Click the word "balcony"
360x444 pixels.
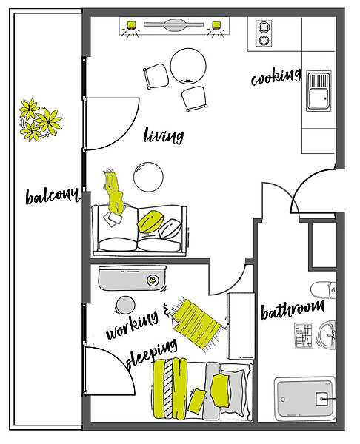pyautogui.click(x=52, y=195)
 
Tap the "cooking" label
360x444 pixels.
pyautogui.click(x=276, y=77)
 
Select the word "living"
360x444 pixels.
pyautogui.click(x=163, y=136)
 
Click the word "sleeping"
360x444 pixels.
pyautogui.click(x=152, y=354)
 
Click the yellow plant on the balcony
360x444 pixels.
pyautogui.click(x=40, y=120)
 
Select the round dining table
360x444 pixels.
pyautogui.click(x=188, y=66)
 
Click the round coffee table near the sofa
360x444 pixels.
pyautogui.click(x=148, y=177)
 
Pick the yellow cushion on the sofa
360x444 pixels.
pyautogui.click(x=150, y=222)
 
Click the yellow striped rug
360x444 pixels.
pyautogui.click(x=196, y=324)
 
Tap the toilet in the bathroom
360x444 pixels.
pyautogui.click(x=324, y=290)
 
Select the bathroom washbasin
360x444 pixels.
pyautogui.click(x=327, y=334)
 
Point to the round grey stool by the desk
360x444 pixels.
pyautogui.click(x=126, y=305)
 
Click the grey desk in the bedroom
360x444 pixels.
pyautogui.click(x=133, y=277)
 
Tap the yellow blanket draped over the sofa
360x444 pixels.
pyautogui.click(x=114, y=192)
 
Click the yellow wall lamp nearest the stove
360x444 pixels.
pyautogui.click(x=216, y=25)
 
